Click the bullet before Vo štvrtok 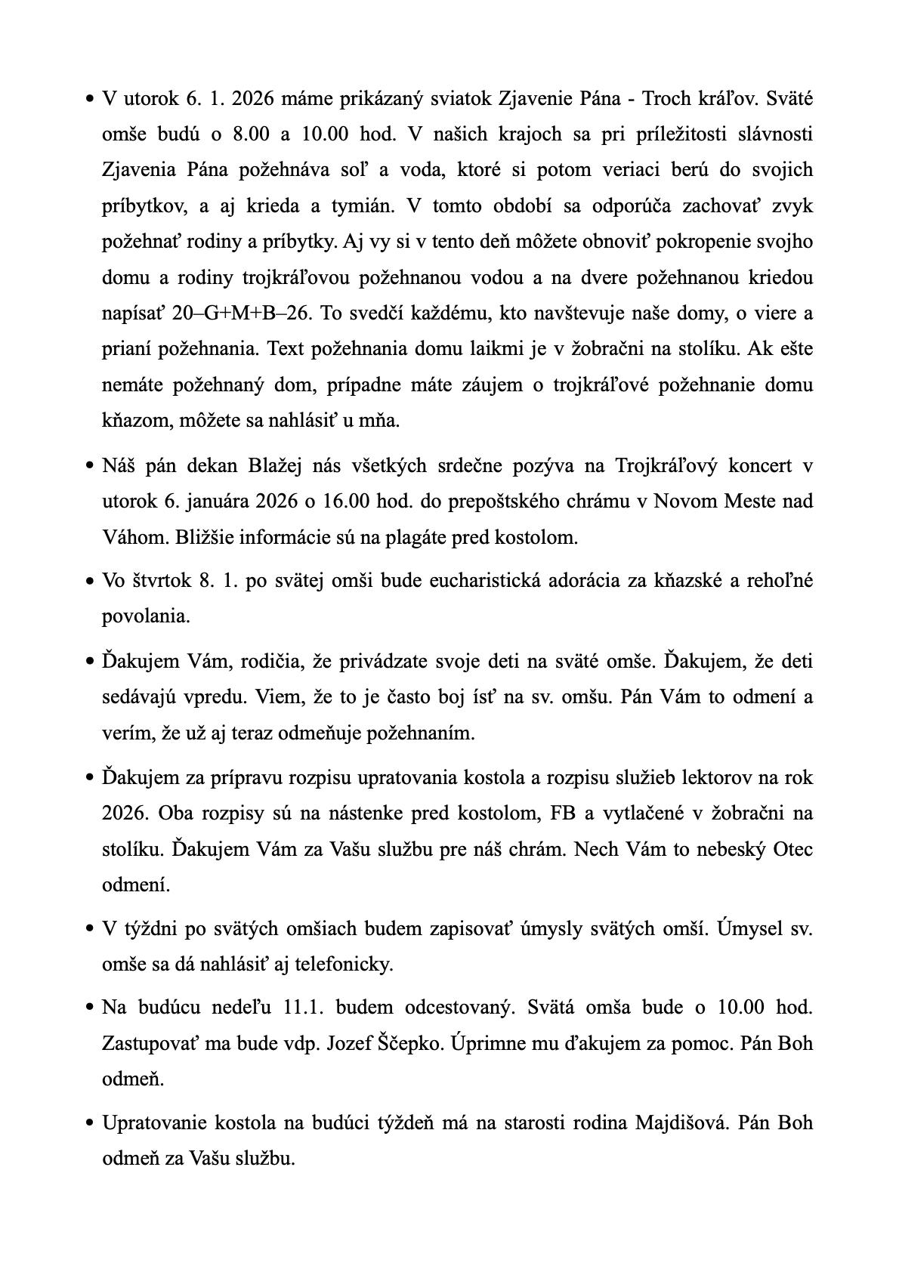click(x=89, y=582)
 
